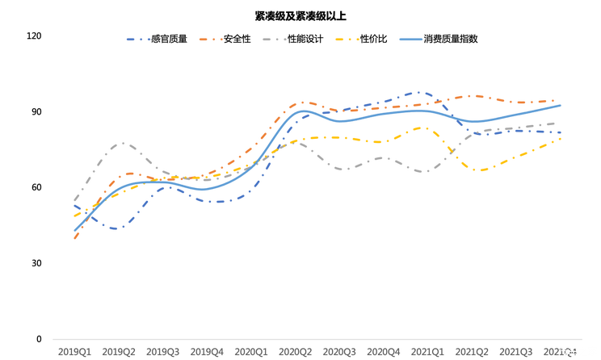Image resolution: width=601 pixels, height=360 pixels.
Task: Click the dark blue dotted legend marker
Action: tap(137, 39)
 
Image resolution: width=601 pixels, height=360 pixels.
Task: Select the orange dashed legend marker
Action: tap(209, 39)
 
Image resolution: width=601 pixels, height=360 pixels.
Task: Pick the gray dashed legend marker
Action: tap(274, 39)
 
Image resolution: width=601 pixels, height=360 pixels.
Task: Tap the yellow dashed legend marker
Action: tap(347, 39)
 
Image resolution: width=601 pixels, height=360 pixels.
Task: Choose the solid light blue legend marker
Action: tap(410, 39)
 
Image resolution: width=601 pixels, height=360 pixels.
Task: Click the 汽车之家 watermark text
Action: tap(578, 351)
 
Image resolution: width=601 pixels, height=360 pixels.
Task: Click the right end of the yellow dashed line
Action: tap(561, 139)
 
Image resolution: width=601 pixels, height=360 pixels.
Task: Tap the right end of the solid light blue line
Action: tap(561, 105)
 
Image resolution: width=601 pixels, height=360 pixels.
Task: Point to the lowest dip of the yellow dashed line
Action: tap(480, 170)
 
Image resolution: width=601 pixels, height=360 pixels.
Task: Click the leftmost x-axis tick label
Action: tap(74, 352)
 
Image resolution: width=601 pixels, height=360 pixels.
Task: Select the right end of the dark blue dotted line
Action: tap(561, 132)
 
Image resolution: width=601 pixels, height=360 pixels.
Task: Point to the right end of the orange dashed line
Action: tap(561, 101)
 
